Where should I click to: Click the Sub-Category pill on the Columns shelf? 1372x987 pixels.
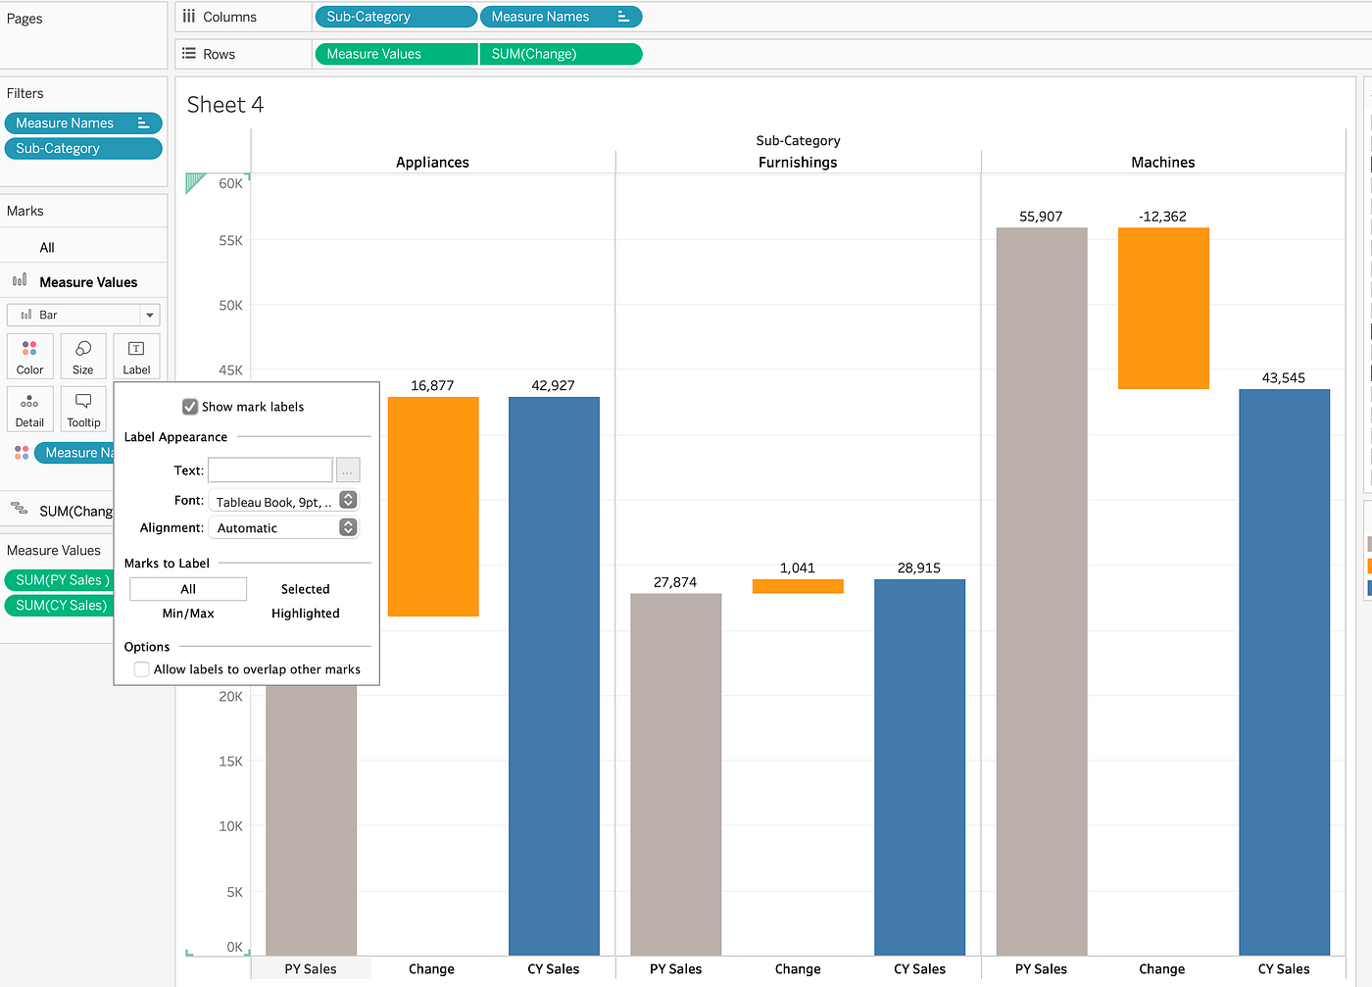[394, 17]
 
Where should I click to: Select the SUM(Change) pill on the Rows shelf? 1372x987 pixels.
[560, 54]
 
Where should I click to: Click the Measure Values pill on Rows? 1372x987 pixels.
[395, 54]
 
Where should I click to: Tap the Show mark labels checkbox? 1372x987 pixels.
[190, 407]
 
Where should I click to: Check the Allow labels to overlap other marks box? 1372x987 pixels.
[142, 669]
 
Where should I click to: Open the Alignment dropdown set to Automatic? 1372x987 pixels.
[283, 527]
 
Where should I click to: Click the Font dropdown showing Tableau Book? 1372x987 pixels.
[283, 501]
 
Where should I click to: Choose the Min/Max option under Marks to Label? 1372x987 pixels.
[188, 614]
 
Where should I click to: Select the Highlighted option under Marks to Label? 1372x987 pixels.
[305, 614]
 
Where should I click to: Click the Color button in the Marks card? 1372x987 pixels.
[29, 357]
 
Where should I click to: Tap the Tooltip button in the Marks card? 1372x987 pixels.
[83, 409]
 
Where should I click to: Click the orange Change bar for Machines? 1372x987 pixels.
[1162, 309]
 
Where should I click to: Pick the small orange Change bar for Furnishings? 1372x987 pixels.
[798, 586]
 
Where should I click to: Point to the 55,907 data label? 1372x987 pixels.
[1041, 217]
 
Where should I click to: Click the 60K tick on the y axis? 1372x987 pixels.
[230, 183]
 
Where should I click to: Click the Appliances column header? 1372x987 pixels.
[432, 163]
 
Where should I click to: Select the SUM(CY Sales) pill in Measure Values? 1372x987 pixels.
[61, 606]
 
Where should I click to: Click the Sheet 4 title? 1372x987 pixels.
[225, 105]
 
